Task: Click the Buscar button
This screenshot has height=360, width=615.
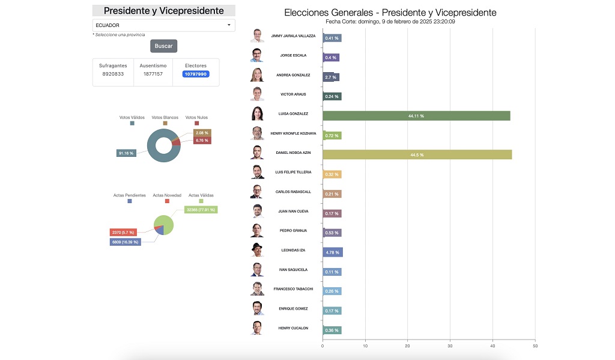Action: coord(163,46)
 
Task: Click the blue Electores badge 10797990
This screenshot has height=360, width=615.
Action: coord(196,74)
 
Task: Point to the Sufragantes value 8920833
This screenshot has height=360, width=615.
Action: coord(113,74)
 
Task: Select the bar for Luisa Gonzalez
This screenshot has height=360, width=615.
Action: coord(416,115)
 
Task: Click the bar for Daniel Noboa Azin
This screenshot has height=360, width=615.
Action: coord(417,154)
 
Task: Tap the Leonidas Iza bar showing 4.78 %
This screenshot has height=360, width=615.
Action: coord(332,252)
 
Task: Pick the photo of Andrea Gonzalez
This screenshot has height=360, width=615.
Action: coord(257,75)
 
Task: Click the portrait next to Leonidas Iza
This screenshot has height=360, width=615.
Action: coord(257,250)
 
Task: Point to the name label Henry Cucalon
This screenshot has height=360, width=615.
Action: coord(293,328)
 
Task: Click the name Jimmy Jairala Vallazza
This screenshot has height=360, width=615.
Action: coord(293,36)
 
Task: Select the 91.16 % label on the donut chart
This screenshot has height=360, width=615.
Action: coord(126,153)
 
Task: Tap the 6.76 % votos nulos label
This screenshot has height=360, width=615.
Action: coord(202,141)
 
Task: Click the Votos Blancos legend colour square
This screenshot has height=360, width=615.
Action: coord(165,123)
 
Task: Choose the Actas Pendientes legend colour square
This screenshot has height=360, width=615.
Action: coord(129,201)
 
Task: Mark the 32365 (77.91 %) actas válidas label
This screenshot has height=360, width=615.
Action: coord(201,210)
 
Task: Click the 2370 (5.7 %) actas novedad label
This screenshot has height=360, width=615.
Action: coord(123,232)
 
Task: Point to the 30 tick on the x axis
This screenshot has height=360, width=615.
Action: coord(450,346)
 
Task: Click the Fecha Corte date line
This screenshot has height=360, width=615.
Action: coord(390,22)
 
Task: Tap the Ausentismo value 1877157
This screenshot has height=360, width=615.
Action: coord(153,74)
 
